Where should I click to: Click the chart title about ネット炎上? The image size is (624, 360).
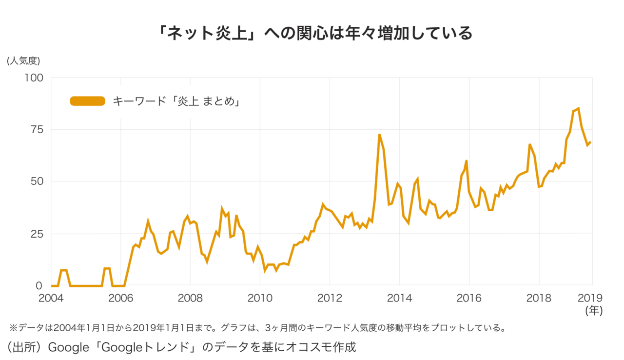coord(312,33)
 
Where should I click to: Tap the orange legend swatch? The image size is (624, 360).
coord(87,101)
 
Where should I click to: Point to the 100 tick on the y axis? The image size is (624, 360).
coord(34,78)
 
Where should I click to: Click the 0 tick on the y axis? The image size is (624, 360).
coord(40,285)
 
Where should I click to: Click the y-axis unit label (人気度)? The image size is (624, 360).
coord(23,61)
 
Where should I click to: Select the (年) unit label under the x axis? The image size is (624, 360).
coord(594,311)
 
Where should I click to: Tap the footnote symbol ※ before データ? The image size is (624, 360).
coord(13,328)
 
